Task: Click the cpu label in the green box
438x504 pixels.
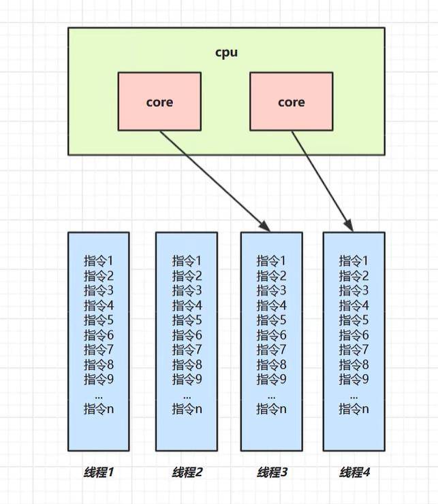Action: (226, 52)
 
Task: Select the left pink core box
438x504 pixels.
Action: (159, 102)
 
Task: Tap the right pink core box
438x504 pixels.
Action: (292, 102)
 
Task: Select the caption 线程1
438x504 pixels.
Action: (98, 472)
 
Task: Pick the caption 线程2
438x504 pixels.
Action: (187, 472)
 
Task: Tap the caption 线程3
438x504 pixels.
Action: (271, 472)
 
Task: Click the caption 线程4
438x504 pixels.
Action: (354, 472)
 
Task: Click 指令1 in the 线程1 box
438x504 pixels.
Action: (98, 261)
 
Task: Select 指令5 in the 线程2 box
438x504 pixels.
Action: (187, 320)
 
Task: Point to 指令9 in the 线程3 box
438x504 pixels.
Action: (271, 379)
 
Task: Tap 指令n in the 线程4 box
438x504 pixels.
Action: (354, 409)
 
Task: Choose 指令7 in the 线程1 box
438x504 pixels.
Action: (98, 350)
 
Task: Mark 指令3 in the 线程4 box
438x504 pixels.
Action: (354, 290)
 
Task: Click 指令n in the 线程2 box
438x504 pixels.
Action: (187, 409)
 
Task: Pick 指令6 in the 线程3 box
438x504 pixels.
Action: (271, 335)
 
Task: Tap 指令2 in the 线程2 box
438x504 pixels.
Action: (187, 275)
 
